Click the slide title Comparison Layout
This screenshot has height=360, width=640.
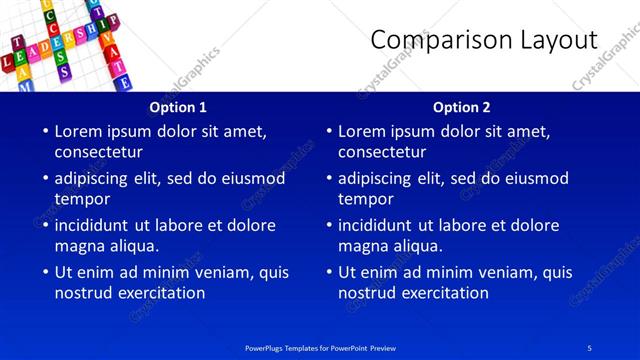coord(484,39)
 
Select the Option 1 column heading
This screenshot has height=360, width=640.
coord(178,107)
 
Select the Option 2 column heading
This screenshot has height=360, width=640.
coord(462,107)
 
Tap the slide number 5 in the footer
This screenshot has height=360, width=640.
coord(589,347)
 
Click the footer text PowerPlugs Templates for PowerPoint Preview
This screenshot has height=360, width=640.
coord(322,347)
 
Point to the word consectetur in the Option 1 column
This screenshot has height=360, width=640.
coord(98,152)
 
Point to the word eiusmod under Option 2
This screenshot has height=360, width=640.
coord(535,178)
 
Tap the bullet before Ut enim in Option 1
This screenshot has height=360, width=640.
coord(45,272)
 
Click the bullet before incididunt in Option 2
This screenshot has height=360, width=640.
coord(329,225)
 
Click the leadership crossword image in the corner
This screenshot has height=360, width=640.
coord(65,45)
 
